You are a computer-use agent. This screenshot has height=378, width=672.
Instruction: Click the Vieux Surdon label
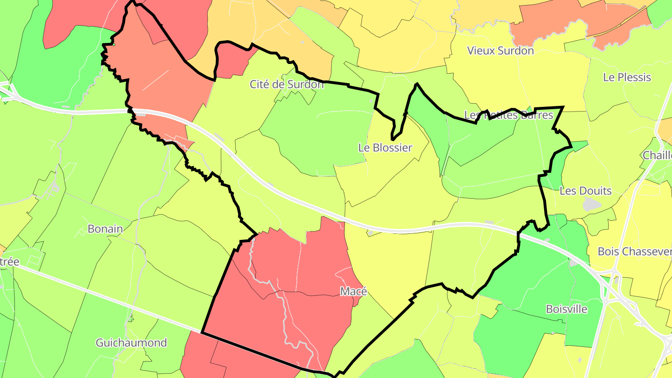[x=500, y=50]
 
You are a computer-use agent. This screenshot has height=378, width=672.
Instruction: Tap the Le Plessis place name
[x=627, y=77]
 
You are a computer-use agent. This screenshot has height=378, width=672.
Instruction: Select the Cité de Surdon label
[x=287, y=84]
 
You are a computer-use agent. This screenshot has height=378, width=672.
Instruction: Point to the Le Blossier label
[x=385, y=148]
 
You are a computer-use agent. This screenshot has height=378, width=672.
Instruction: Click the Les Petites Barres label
[x=509, y=115]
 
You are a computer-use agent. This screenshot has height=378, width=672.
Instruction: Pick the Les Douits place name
[x=585, y=191]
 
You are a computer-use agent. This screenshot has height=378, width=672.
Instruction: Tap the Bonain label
[x=105, y=229]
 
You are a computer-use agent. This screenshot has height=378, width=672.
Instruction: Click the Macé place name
[x=353, y=292]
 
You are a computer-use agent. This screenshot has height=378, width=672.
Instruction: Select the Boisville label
[x=567, y=309]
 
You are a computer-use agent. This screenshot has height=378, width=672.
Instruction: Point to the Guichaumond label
[x=131, y=343]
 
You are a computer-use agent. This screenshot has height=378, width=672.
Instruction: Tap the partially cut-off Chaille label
[x=657, y=155]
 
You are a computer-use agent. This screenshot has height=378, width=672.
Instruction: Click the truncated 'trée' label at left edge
[x=9, y=262]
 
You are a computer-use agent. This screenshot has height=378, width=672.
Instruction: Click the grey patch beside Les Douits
[x=591, y=203]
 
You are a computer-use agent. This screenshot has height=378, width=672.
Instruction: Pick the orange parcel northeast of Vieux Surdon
[x=579, y=23]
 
